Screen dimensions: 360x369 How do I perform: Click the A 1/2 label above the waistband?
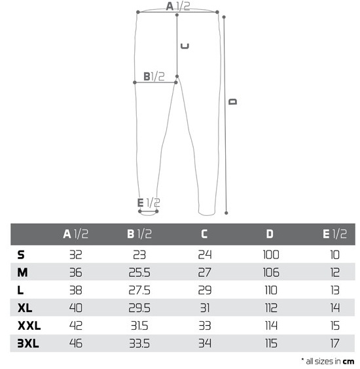(178, 7)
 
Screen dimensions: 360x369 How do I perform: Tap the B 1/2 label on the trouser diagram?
(154, 77)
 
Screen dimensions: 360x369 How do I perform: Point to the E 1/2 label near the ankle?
(149, 203)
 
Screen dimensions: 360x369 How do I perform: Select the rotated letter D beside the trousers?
(233, 101)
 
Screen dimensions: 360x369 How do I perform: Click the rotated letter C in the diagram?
(185, 46)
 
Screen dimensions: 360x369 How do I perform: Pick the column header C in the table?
(204, 234)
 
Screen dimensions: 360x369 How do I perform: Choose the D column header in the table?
(270, 234)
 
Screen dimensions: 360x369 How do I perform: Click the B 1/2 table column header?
(139, 234)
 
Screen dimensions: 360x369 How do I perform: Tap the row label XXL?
(29, 326)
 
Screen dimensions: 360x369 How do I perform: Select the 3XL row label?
(28, 343)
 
